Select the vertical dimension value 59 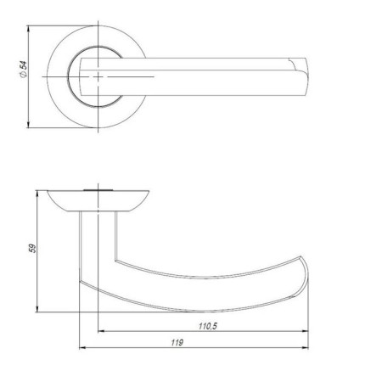[x=31, y=251]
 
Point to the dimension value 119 [x=177, y=342]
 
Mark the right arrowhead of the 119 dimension [x=306, y=348]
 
